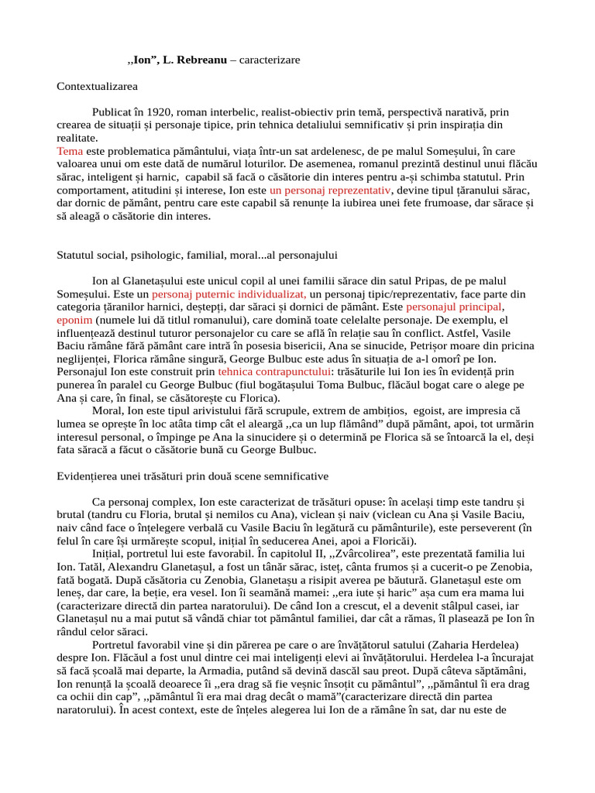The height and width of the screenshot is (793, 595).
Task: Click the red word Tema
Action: pos(70,151)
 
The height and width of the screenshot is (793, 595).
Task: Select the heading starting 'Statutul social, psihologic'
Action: pos(197,254)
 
